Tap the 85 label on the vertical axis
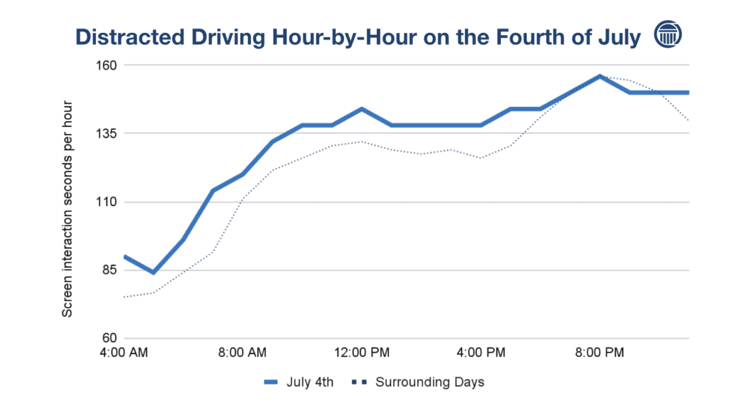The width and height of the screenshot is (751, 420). coord(108,270)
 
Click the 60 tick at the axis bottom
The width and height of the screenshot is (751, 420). coord(108,339)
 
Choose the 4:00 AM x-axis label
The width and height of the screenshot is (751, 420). coord(124,353)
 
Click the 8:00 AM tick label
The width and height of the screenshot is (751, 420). coord(243,353)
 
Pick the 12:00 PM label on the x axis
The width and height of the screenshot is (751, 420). coord(362,353)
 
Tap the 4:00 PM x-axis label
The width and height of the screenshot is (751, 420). coord(481,353)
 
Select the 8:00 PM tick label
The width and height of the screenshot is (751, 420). coord(600,353)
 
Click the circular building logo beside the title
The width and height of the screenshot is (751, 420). coord(667,35)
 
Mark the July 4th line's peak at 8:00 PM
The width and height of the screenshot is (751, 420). coord(600,76)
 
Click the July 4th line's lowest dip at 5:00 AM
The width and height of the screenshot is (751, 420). coord(153,272)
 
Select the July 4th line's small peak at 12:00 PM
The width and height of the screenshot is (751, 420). coord(362,109)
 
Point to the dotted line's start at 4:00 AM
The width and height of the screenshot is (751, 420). coord(125,297)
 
